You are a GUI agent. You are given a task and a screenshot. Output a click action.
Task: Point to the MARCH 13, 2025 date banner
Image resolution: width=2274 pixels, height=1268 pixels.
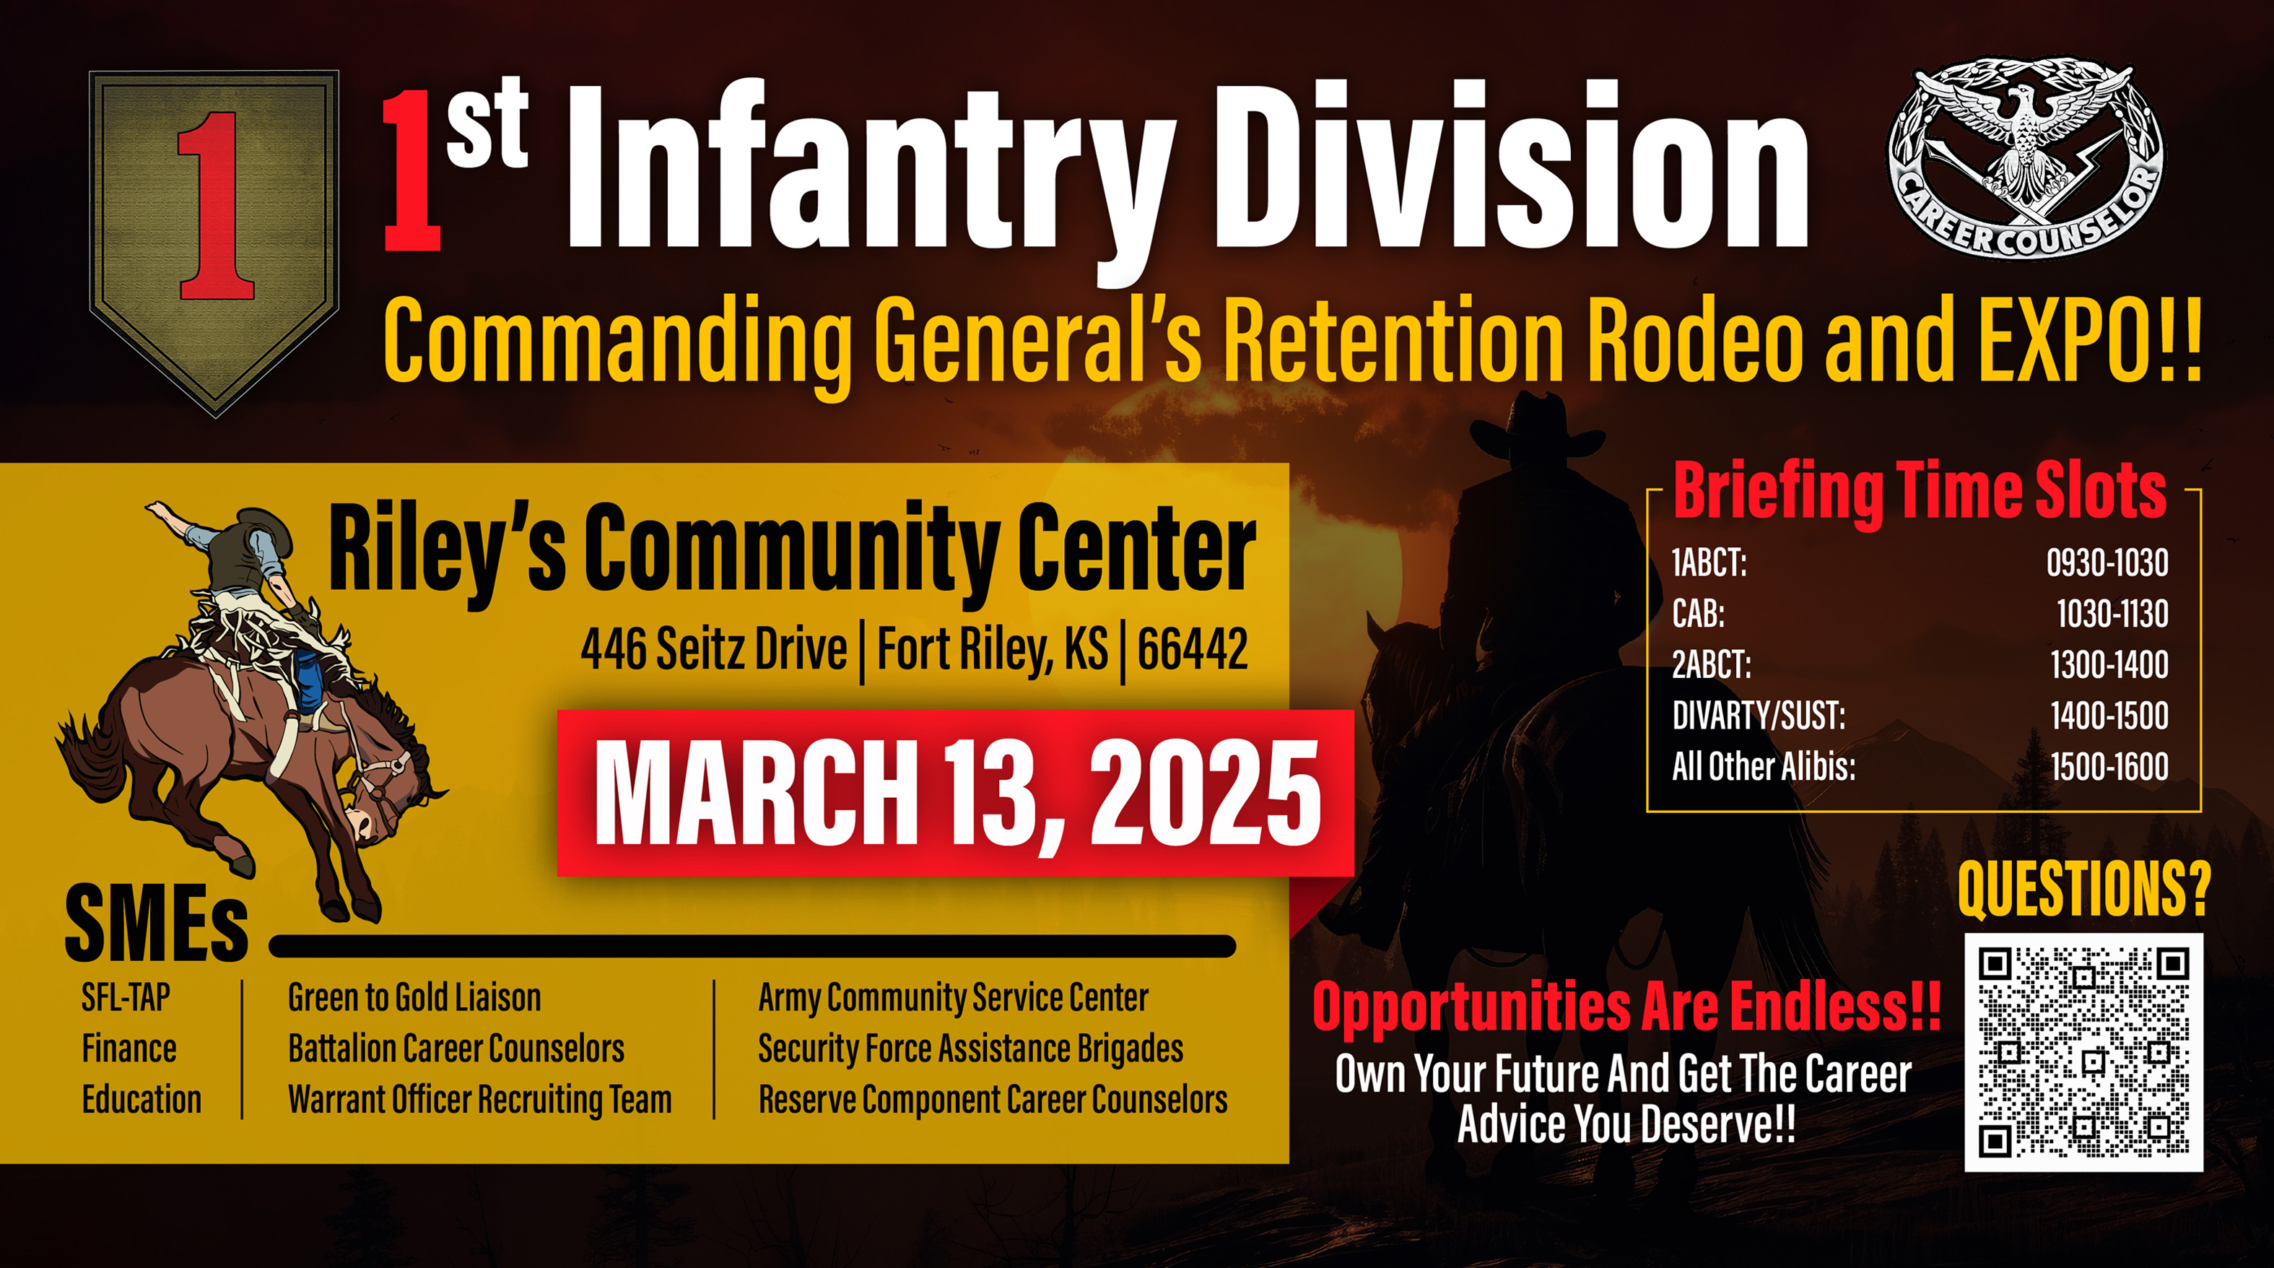(x=955, y=792)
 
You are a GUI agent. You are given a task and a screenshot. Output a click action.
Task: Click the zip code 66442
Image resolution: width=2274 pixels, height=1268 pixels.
(x=1192, y=650)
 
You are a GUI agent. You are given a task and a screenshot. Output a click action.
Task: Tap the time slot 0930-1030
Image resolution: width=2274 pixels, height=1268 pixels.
(x=2107, y=563)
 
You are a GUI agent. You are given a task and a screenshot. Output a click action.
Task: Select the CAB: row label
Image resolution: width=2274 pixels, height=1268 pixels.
(x=1697, y=613)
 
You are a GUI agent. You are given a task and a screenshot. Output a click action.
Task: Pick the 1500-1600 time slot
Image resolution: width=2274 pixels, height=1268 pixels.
(x=2108, y=765)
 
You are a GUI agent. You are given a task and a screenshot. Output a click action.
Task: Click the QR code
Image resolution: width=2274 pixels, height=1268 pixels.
(x=2083, y=1051)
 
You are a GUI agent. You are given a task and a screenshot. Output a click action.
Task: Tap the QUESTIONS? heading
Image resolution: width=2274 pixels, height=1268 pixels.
(x=2083, y=890)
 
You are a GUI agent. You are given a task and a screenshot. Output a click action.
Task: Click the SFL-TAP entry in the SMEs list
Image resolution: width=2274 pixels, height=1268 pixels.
(x=126, y=998)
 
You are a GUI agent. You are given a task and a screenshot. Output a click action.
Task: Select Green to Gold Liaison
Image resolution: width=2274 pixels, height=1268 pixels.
(x=414, y=998)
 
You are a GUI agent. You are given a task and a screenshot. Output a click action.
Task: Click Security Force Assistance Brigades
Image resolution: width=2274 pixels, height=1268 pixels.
(x=970, y=1049)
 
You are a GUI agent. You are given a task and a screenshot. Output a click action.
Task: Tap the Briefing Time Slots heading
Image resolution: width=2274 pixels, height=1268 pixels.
(x=1920, y=492)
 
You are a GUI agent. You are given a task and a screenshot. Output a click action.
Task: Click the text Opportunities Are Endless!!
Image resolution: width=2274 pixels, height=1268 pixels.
(x=1626, y=1007)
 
